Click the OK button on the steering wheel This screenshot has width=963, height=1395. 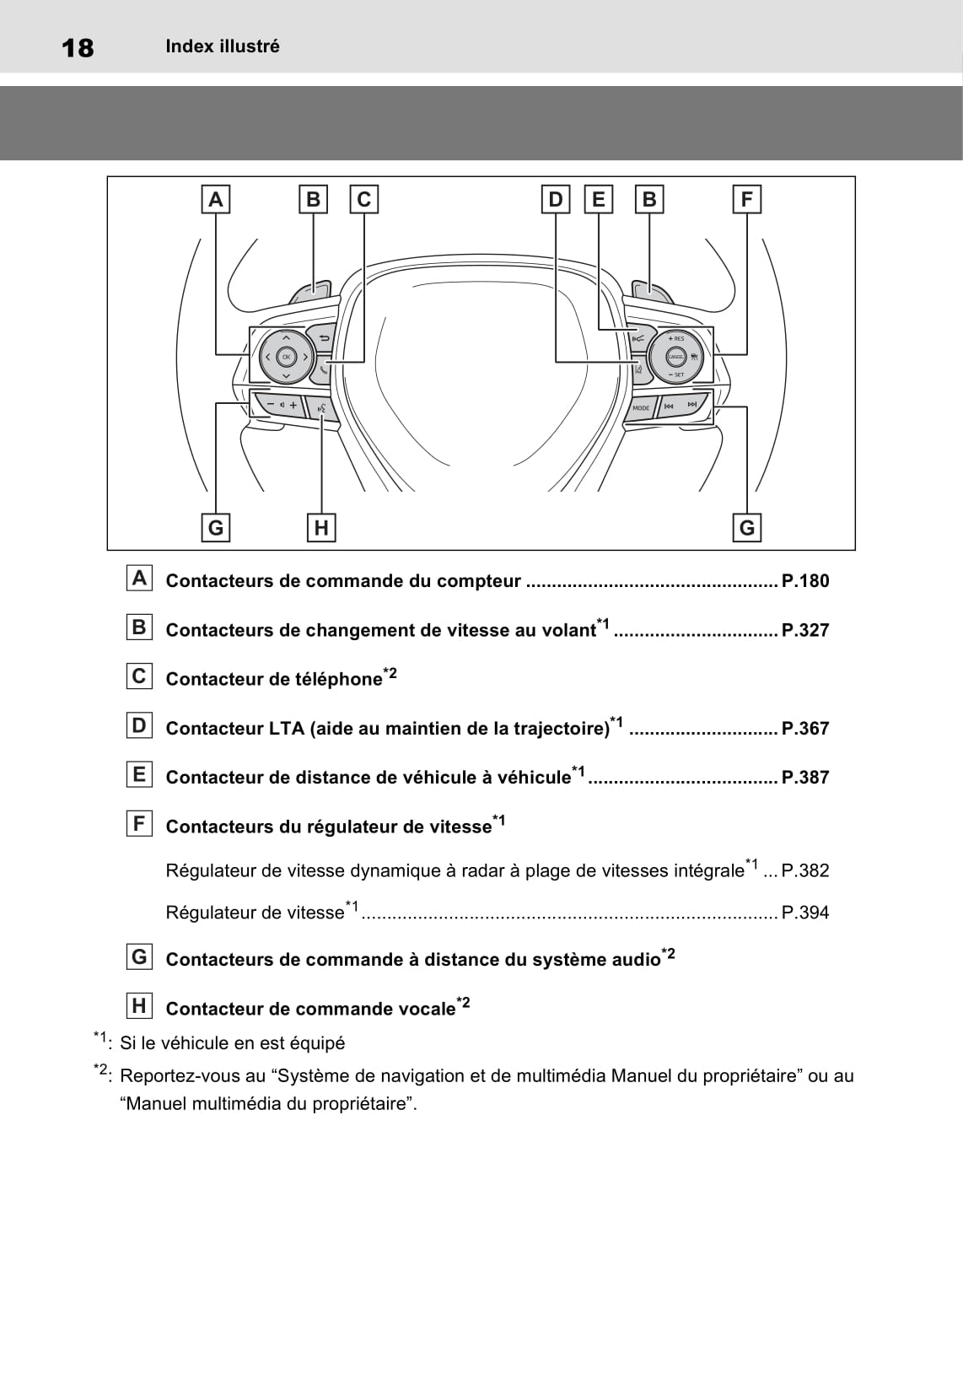pos(286,357)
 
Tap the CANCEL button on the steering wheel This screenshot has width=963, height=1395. pos(675,357)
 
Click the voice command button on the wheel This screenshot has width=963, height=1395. pos(322,408)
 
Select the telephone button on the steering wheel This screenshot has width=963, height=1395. pos(324,368)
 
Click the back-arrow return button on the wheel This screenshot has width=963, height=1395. pos(323,338)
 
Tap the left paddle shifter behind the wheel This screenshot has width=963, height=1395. pos(311,292)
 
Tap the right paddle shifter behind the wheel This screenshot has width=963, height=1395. pos(651,293)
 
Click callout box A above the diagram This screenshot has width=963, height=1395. pos(216,200)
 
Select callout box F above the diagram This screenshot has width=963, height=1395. pos(746,200)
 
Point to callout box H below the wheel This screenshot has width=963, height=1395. pos(321,528)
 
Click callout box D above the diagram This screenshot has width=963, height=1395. pos(556,200)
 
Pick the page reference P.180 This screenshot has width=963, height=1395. pos(805,581)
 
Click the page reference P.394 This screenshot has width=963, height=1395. pos(805,913)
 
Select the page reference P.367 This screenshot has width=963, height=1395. pos(805,729)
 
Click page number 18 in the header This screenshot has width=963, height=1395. pos(78,48)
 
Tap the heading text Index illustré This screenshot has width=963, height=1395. pos(223,47)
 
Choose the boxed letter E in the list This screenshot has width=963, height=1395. pos(139,774)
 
